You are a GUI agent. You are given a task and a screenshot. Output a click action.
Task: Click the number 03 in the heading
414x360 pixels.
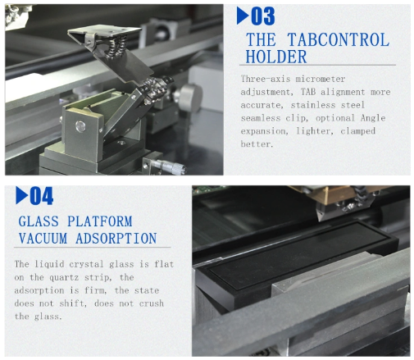[x=263, y=16]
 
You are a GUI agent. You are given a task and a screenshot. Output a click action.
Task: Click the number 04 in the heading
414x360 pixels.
[x=42, y=196]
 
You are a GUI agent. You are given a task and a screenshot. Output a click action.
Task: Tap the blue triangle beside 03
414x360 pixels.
[x=243, y=16]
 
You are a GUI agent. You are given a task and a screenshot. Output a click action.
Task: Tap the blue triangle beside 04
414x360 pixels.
[x=21, y=195]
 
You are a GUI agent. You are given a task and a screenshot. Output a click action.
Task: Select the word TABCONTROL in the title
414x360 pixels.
[x=339, y=40]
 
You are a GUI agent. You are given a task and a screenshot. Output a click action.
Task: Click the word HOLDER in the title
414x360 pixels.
[x=276, y=57]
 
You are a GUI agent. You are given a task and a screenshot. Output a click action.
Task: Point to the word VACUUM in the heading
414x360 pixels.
[x=43, y=238]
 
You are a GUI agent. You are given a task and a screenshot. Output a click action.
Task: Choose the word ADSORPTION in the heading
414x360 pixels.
[x=116, y=238]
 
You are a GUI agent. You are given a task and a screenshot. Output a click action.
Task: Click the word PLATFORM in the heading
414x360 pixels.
[x=100, y=221]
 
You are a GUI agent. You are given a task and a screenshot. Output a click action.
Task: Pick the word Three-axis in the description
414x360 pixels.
[x=265, y=79]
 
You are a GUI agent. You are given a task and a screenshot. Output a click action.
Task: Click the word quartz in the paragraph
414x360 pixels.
[x=64, y=278]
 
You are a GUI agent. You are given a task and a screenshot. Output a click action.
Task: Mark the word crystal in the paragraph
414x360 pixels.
[x=86, y=264]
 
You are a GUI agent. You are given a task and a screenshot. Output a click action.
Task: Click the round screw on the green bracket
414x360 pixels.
[x=80, y=126]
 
